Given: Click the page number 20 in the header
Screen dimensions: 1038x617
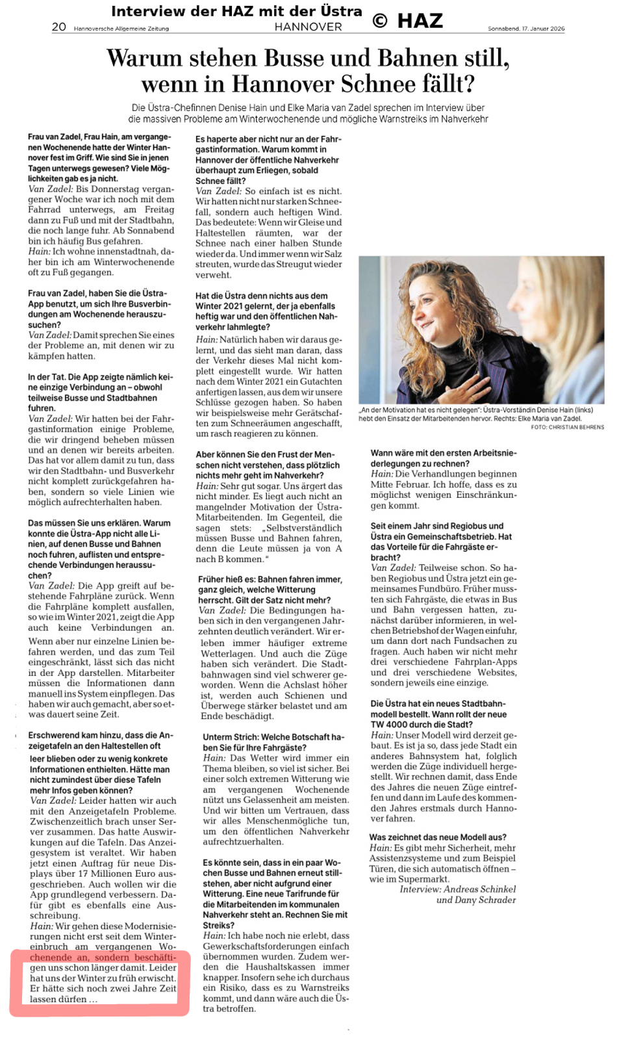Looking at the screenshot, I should pos(58,27).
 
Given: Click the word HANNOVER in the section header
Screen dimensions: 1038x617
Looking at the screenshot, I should pos(308,27).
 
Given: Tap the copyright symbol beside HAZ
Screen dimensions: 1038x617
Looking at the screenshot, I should pos(380,21).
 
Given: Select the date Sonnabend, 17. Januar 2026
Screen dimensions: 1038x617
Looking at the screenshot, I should pos(526,29).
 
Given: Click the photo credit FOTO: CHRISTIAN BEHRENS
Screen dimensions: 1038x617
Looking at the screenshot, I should pos(567,427).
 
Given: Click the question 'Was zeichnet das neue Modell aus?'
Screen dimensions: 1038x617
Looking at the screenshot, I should pos(438,837).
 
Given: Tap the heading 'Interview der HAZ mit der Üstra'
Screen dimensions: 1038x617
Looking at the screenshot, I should pos(236,11).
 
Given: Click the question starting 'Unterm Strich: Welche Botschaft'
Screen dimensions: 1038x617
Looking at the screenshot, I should pos(273,742).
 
